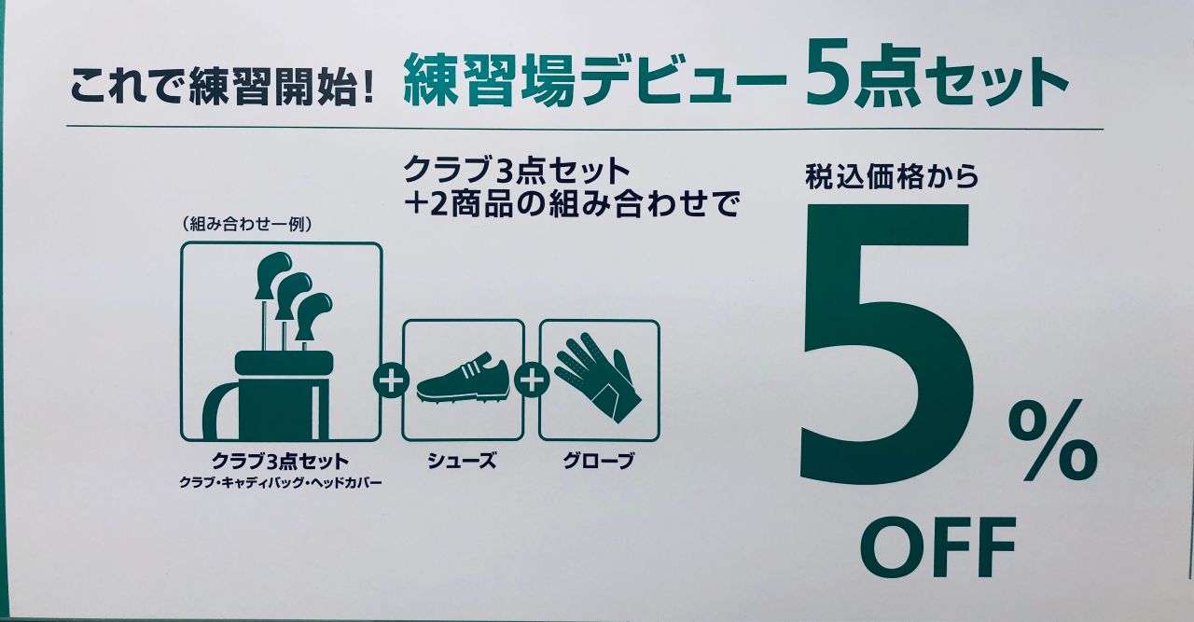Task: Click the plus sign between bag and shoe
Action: coord(391,380)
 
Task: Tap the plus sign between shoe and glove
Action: coord(531,380)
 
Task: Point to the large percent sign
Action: coord(1052,439)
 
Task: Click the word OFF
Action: coord(937,548)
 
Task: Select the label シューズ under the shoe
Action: coord(462,461)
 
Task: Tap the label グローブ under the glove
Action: coord(599,461)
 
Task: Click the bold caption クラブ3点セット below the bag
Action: coord(281,461)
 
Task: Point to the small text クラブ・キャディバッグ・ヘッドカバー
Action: coord(281,483)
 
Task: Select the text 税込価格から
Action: coord(892,176)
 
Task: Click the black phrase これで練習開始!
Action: coord(222,84)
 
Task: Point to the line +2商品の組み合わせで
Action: coord(571,204)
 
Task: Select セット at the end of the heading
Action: coord(996,84)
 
